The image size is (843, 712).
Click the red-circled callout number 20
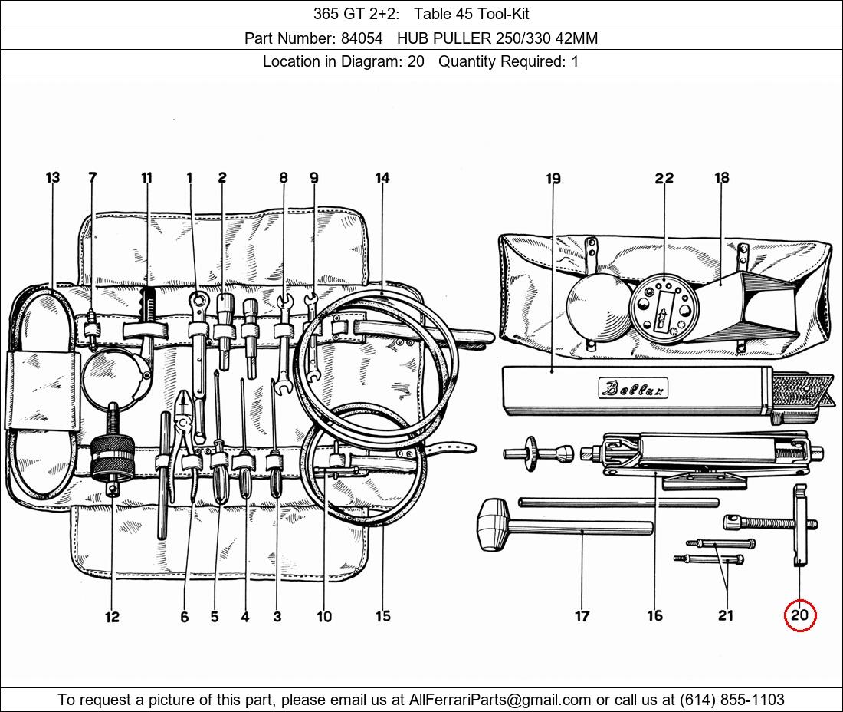(799, 615)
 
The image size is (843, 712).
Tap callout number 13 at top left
(53, 177)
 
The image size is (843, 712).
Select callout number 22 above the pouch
(664, 177)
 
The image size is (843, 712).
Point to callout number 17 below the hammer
(582, 615)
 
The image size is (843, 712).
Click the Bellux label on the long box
(633, 388)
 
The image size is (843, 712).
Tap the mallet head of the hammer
(493, 525)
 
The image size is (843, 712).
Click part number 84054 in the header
(362, 38)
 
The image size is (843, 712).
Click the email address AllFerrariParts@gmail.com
(500, 699)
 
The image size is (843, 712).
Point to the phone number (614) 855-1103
(732, 699)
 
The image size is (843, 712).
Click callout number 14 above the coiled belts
(382, 177)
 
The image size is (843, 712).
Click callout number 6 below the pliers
(185, 617)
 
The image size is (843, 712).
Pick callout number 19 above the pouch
(553, 177)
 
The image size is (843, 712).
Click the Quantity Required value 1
(575, 61)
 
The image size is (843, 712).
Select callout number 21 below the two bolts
(725, 615)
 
